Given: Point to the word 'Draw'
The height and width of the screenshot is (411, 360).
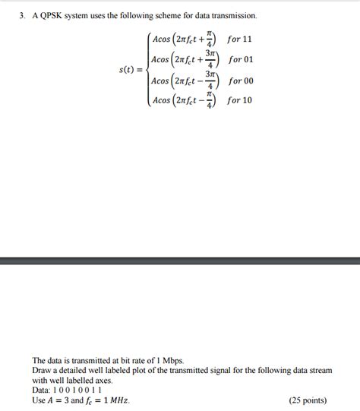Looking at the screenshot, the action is pyautogui.click(x=42, y=370).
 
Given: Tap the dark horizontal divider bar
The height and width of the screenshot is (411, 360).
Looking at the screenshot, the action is pyautogui.click(x=180, y=261).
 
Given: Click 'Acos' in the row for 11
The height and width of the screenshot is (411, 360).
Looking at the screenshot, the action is pyautogui.click(x=163, y=39).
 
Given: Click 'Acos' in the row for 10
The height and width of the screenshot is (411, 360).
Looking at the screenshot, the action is pyautogui.click(x=163, y=100).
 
